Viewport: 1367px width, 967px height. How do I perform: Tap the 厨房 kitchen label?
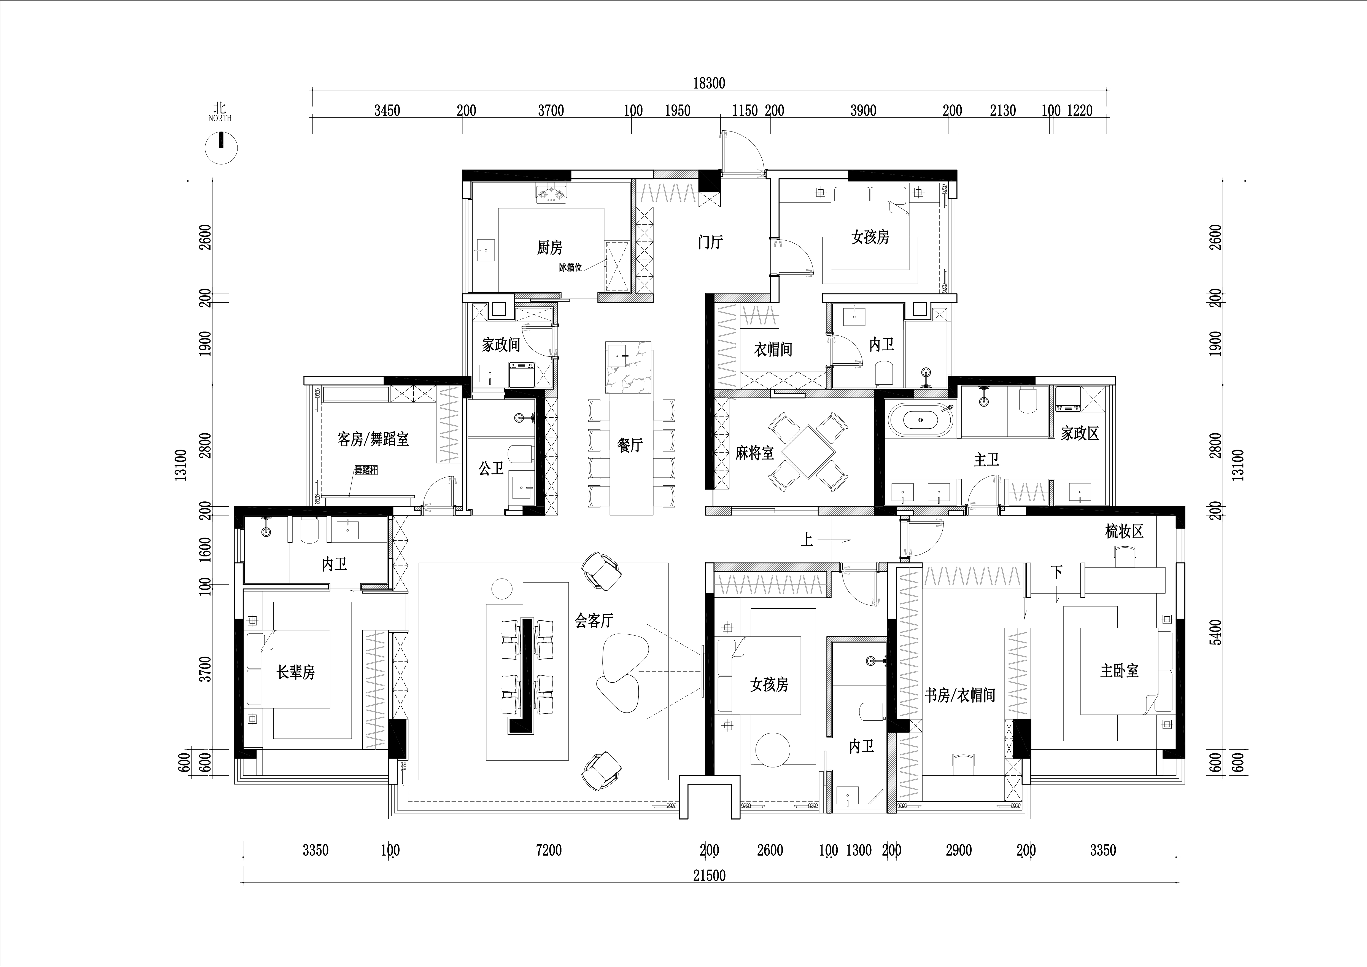(x=549, y=247)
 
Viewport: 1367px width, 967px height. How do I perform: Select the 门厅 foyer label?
(x=710, y=242)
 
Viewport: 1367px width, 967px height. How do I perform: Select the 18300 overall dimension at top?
(x=709, y=83)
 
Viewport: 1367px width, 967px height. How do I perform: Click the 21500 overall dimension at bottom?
(x=709, y=875)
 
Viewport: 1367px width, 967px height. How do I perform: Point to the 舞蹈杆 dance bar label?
(x=366, y=470)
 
